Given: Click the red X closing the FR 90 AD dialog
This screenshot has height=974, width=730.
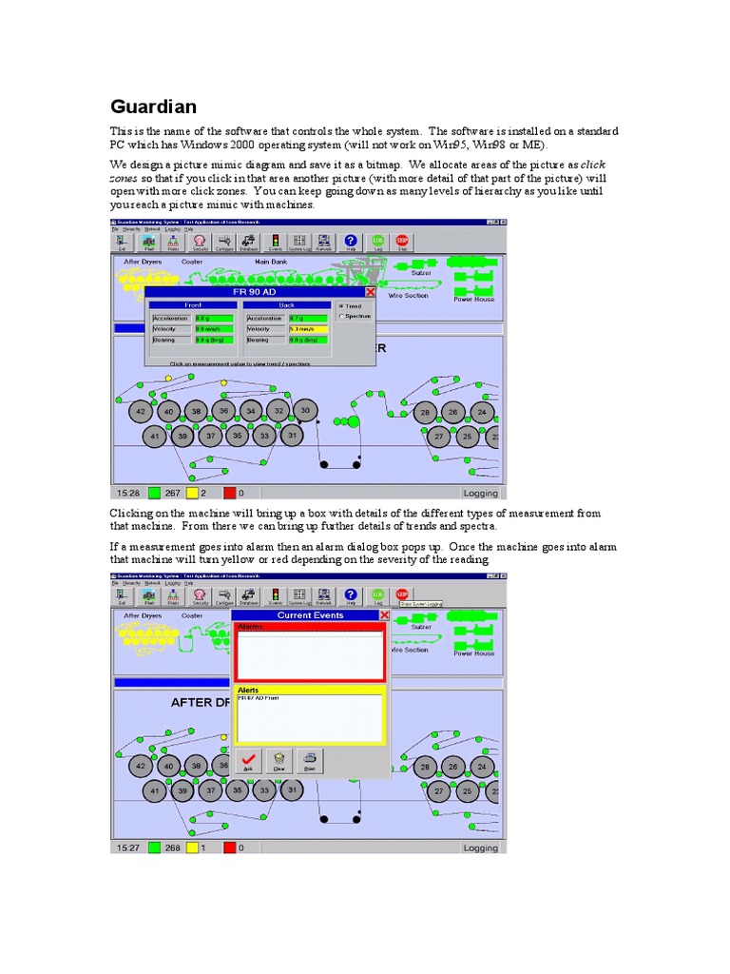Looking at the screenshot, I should [x=371, y=292].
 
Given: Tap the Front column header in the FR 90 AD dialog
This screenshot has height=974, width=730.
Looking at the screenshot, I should [x=193, y=305].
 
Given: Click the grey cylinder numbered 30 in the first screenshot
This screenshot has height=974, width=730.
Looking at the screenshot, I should [x=304, y=410].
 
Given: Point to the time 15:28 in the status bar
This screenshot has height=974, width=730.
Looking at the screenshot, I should [x=128, y=493].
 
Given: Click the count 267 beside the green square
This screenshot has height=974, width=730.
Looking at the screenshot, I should [x=172, y=493].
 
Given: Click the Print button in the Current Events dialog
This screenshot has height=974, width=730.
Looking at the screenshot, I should [x=309, y=760].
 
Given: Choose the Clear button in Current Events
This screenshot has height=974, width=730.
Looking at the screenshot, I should [x=279, y=760].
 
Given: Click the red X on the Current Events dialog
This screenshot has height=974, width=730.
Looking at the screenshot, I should [x=384, y=615].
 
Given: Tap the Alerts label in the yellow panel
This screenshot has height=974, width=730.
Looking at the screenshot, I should [x=248, y=690].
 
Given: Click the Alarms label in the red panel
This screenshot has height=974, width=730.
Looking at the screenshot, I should [x=250, y=627].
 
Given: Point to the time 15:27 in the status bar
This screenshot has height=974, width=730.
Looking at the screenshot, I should [x=128, y=847].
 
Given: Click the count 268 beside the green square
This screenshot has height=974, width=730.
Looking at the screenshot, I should [x=172, y=847].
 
